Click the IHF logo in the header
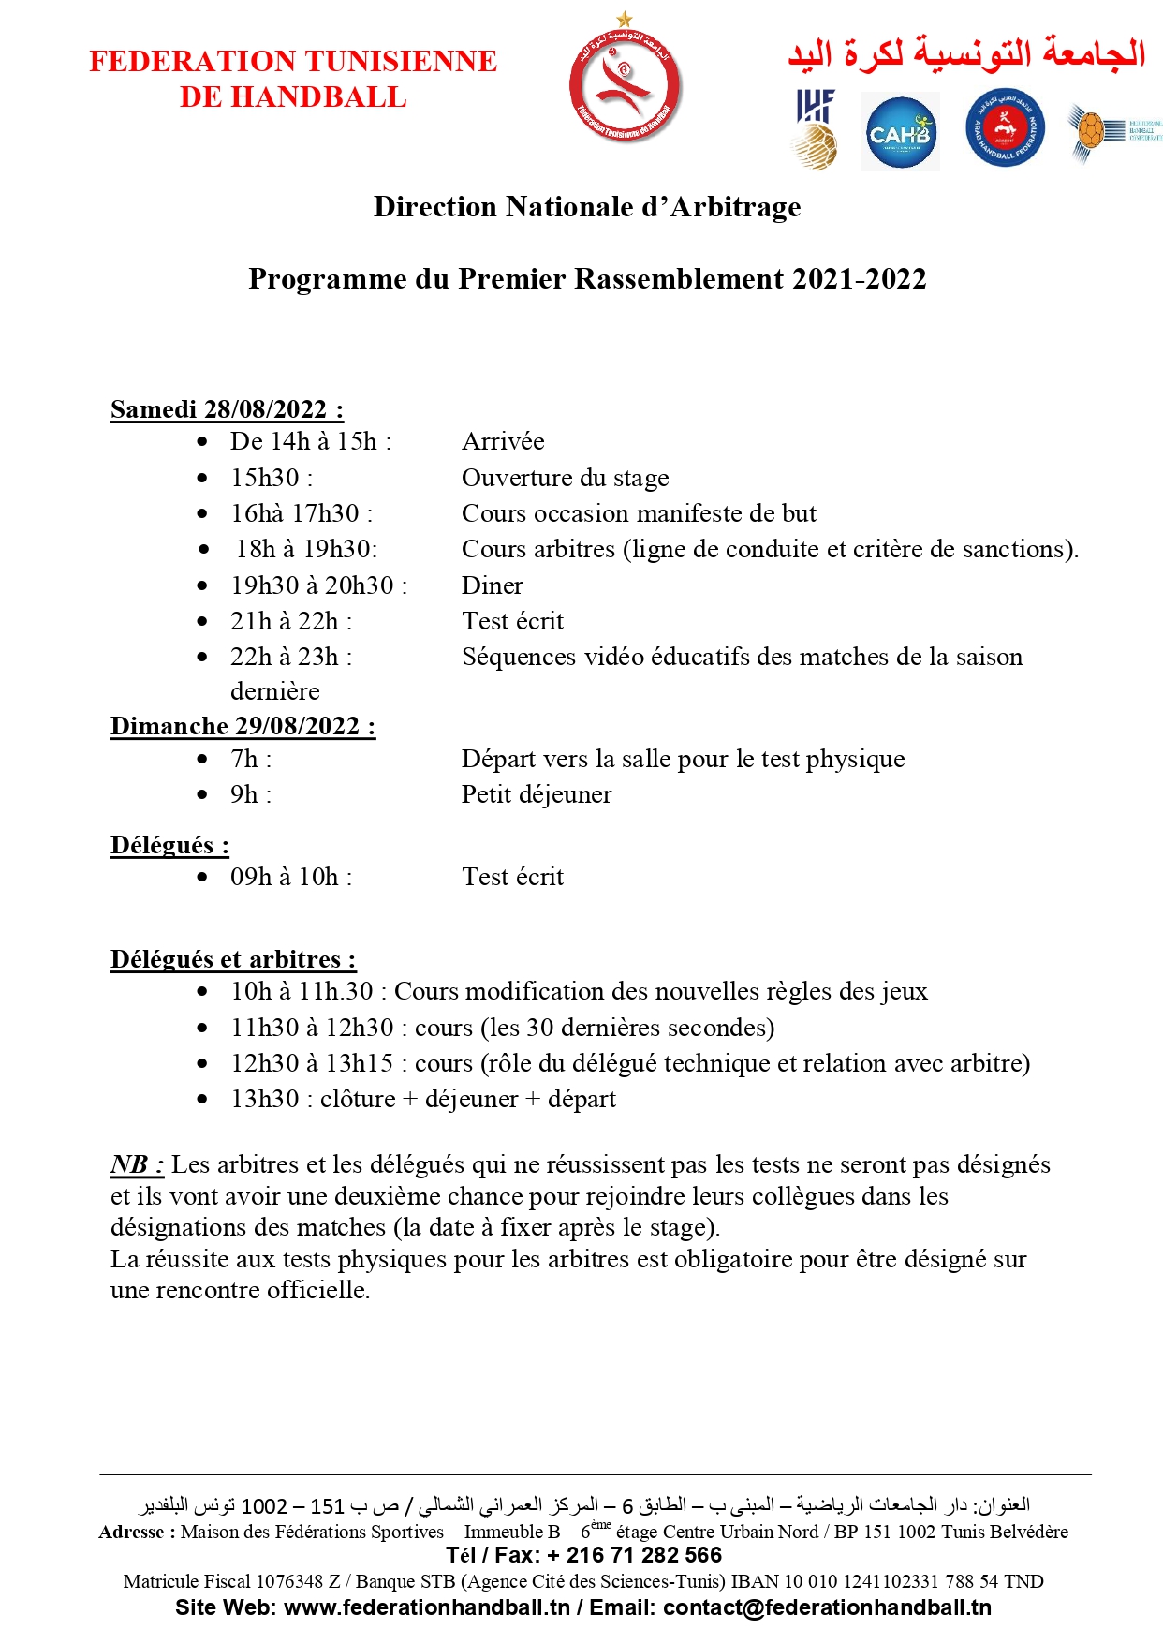pyautogui.click(x=815, y=129)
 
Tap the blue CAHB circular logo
pyautogui.click(x=899, y=133)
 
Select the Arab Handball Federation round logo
pyautogui.click(x=1005, y=129)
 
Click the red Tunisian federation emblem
pyautogui.click(x=625, y=82)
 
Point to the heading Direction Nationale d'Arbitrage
pyautogui.click(x=587, y=207)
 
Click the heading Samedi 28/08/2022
pyautogui.click(x=227, y=409)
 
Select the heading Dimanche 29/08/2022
pyautogui.click(x=243, y=726)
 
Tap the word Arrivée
pyautogui.click(x=503, y=441)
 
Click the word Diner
pyautogui.click(x=492, y=585)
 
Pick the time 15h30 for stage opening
pyautogui.click(x=266, y=478)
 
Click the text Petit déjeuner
pyautogui.click(x=537, y=794)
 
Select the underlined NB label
pyautogui.click(x=137, y=1164)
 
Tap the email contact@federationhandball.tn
pyautogui.click(x=827, y=1607)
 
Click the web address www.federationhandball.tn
pyautogui.click(x=426, y=1607)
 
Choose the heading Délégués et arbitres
pyautogui.click(x=233, y=959)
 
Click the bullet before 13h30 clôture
pyautogui.click(x=202, y=1100)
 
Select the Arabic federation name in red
pyautogui.click(x=966, y=54)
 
